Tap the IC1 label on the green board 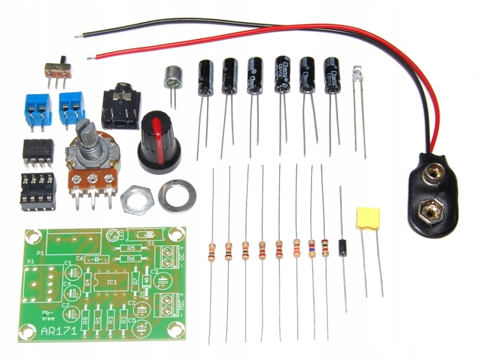point(111,281)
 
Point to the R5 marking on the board point(132,248)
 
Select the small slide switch point(59,68)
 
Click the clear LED point(357,74)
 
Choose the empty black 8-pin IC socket point(38,189)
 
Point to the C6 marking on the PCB point(80,258)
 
